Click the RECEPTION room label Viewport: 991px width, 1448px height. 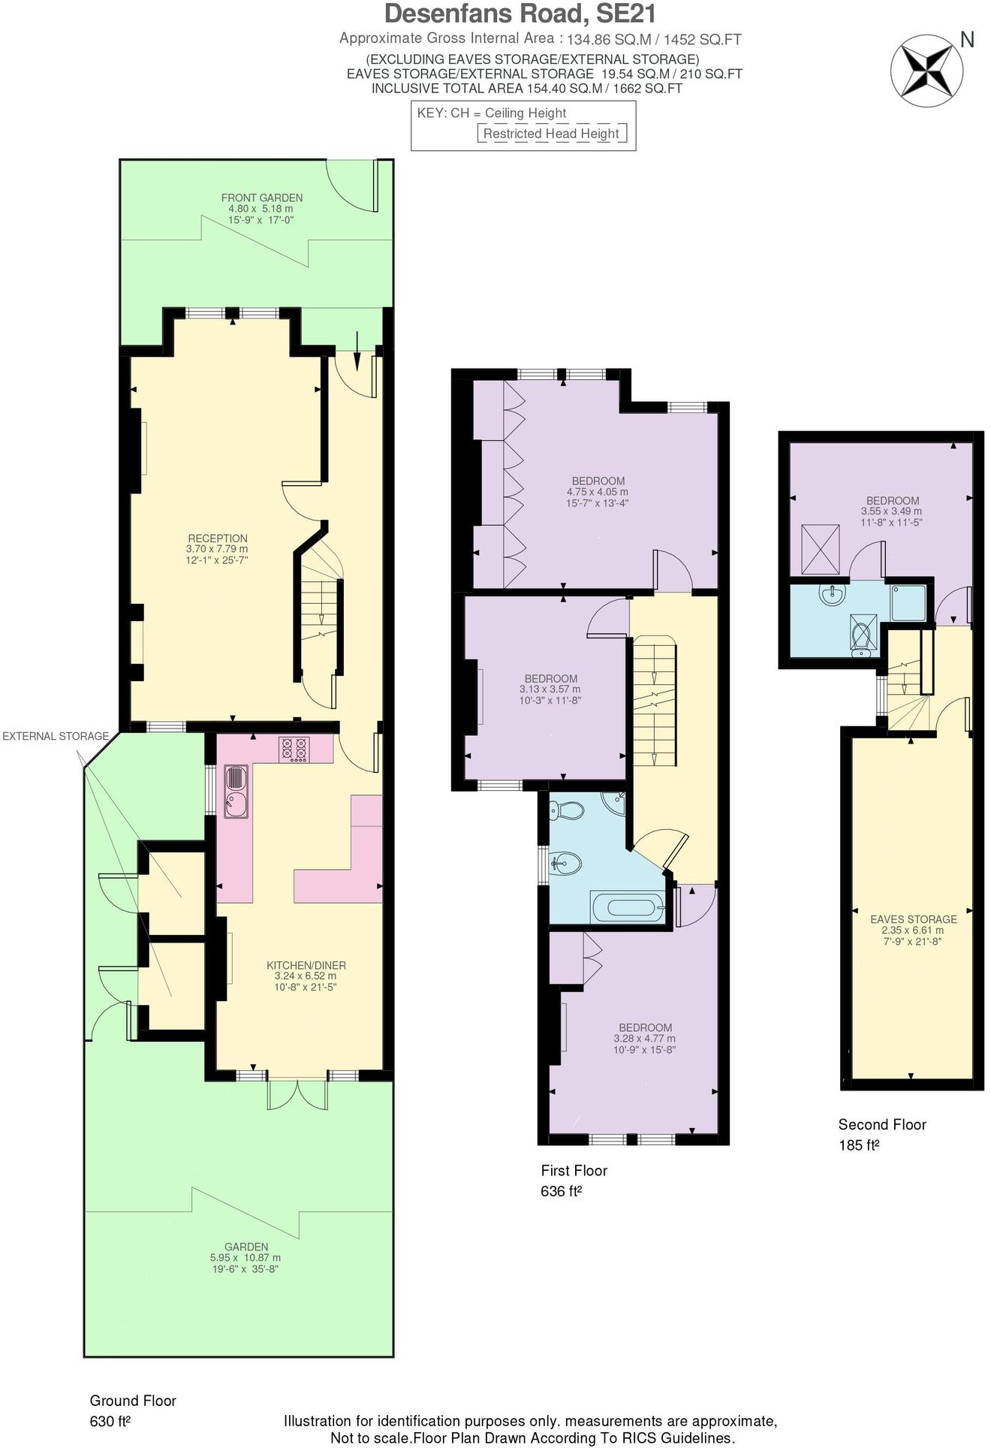[x=218, y=538]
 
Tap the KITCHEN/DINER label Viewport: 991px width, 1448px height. [x=306, y=965]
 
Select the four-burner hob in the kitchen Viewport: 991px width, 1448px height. [x=294, y=749]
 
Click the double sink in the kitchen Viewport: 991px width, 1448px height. [x=235, y=791]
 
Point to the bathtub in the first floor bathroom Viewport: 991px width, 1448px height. [x=628, y=907]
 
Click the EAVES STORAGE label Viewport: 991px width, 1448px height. [x=913, y=919]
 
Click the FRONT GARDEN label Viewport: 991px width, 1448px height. [x=262, y=198]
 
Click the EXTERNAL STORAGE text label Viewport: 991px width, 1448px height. [x=56, y=736]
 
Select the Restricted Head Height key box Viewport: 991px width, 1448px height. [x=551, y=134]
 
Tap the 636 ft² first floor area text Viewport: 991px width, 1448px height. [x=562, y=1191]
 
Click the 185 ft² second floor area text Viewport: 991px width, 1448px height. [x=859, y=1145]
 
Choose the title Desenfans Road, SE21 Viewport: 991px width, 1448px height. [x=520, y=14]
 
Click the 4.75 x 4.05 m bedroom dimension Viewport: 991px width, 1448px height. [x=598, y=492]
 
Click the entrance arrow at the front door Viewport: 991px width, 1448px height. [x=357, y=350]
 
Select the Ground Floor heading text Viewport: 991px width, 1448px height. [x=133, y=1400]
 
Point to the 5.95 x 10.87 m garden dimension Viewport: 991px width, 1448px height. [x=245, y=1257]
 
